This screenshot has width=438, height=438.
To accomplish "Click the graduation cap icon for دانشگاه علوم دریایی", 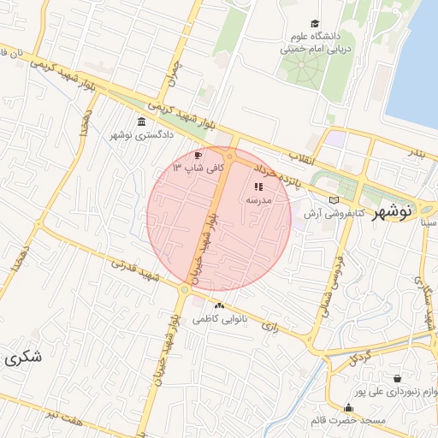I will click(315, 25).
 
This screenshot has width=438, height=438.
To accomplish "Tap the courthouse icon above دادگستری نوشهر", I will click(141, 121).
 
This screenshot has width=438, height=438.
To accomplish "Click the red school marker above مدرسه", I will click(258, 186).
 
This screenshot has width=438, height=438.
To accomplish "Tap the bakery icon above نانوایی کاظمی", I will click(220, 305).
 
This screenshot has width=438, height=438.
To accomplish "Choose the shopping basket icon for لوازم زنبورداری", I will click(397, 378).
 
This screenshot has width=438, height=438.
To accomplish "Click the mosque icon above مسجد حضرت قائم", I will click(348, 407).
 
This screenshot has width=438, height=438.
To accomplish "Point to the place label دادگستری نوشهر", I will click(142, 135).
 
